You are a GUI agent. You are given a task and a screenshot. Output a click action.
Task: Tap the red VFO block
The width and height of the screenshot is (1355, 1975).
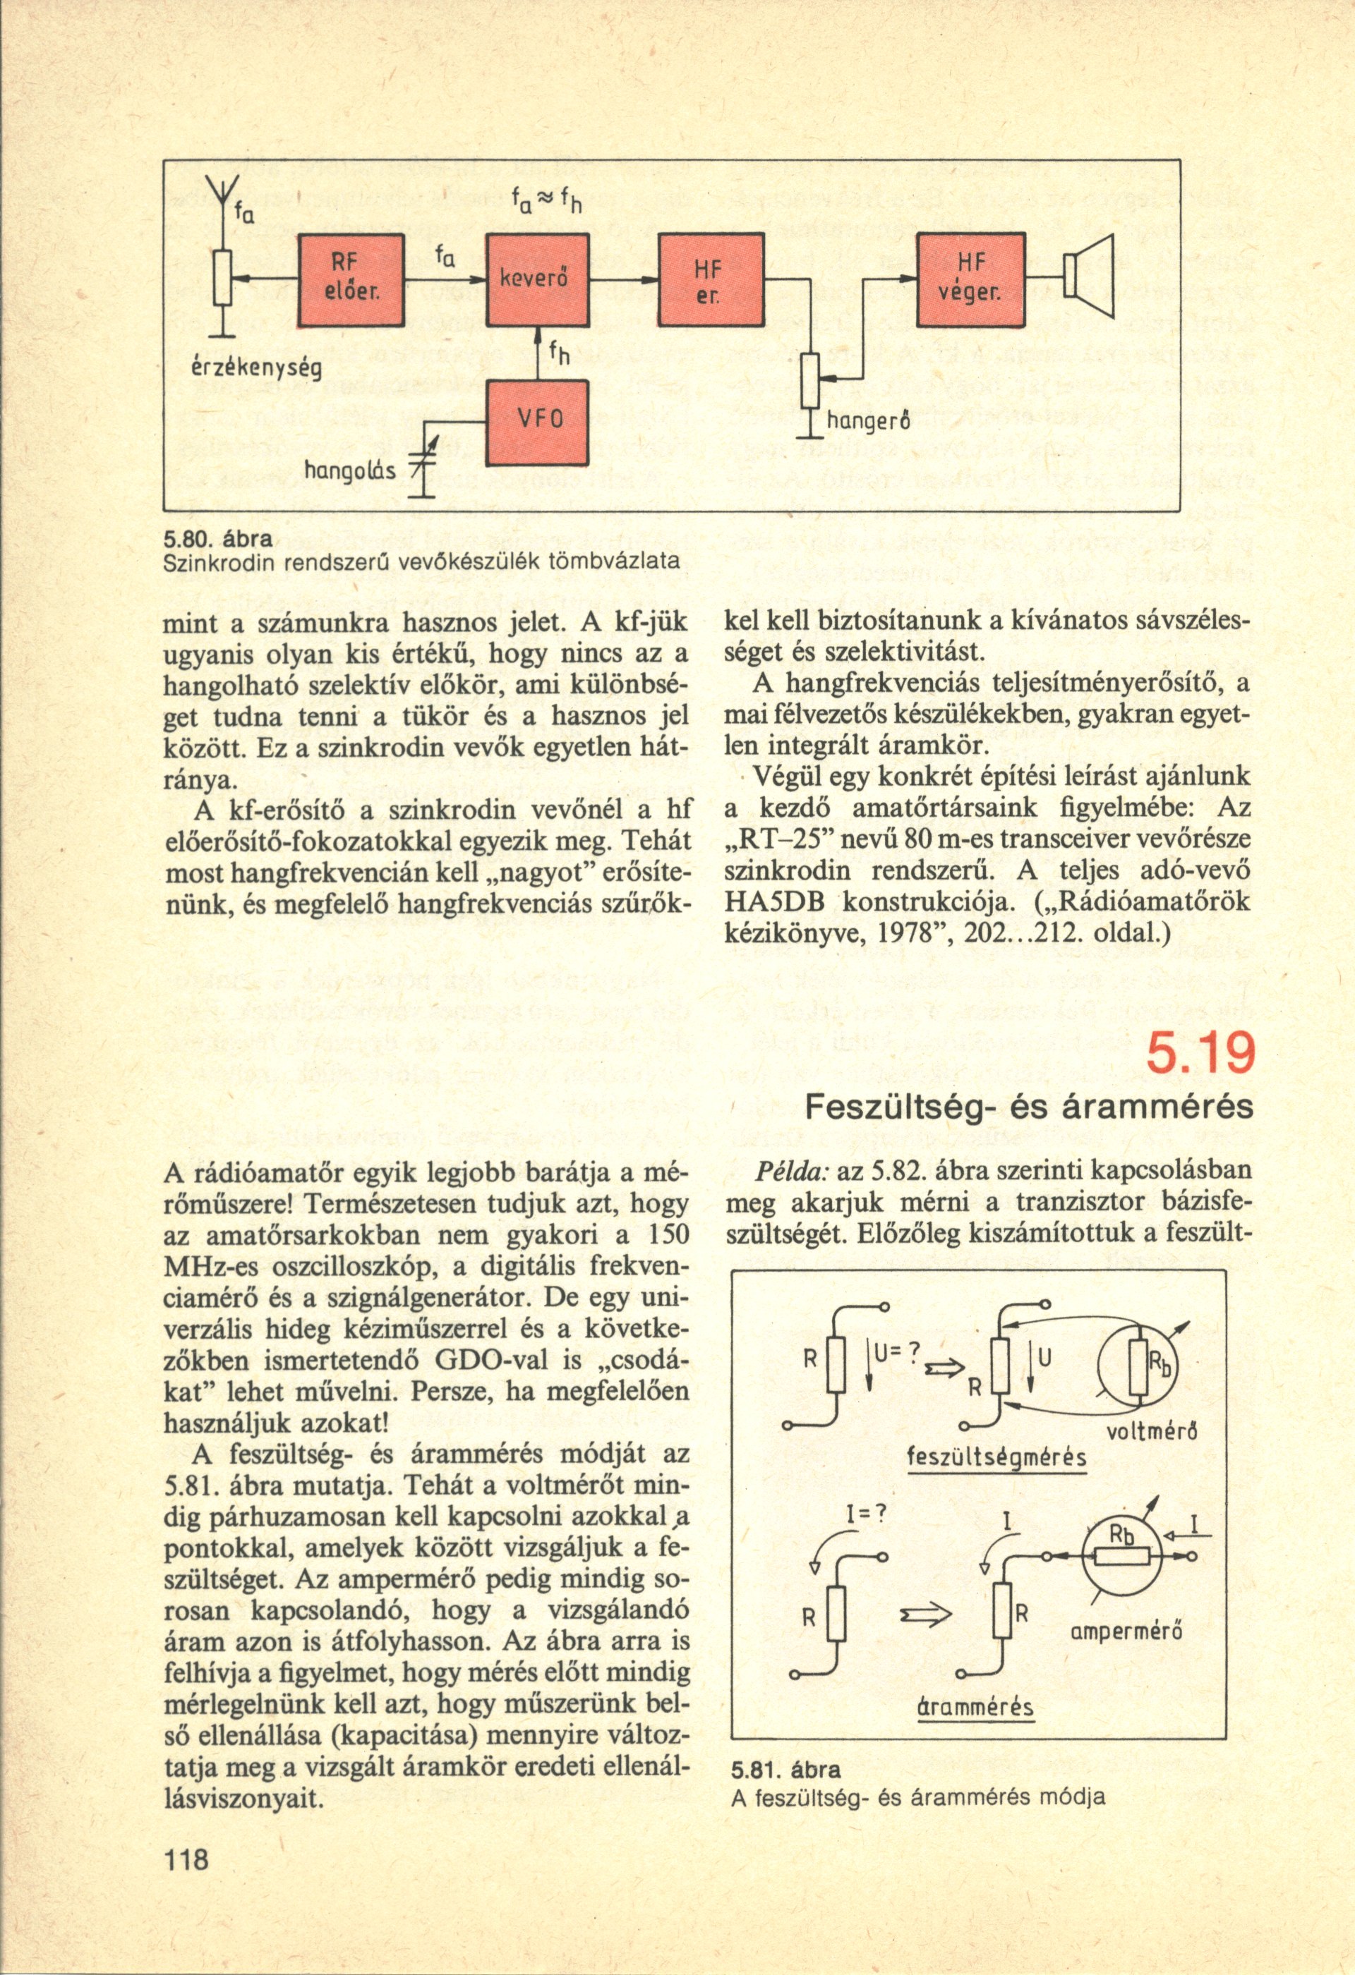point(537,423)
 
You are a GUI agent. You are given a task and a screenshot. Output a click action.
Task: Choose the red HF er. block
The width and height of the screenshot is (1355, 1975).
point(711,281)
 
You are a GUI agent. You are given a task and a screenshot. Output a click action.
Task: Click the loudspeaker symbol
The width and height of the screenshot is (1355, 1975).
point(1088,277)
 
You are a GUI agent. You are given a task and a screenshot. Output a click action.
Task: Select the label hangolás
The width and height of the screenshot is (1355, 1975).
point(355,469)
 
